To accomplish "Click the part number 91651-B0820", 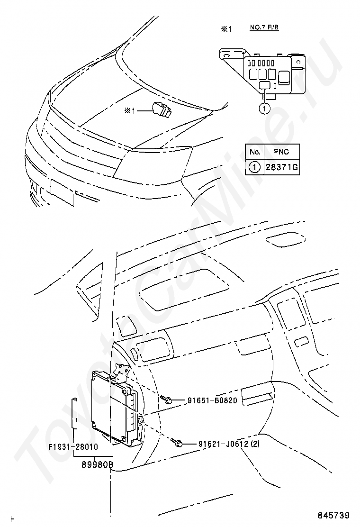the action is [x=212, y=400].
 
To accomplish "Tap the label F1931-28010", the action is [x=73, y=447].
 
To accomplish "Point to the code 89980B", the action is [x=98, y=465].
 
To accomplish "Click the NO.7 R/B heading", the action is [x=264, y=27].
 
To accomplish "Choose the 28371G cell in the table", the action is [x=282, y=167].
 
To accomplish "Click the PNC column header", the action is [x=281, y=152].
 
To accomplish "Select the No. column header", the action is [x=255, y=152].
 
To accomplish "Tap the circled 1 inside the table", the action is [x=255, y=167].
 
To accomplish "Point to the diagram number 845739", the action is [x=334, y=515].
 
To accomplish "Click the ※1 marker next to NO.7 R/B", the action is [x=226, y=29].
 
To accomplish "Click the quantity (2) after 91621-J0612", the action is [x=255, y=444].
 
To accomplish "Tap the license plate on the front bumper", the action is [x=62, y=192].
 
